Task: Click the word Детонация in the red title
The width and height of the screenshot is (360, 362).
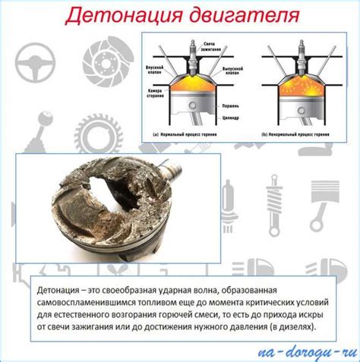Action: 115,14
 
